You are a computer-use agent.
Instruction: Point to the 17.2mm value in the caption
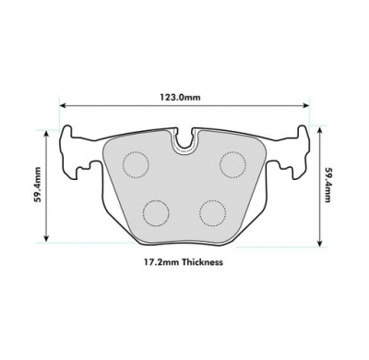coord(160,261)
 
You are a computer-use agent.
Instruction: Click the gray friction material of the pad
coord(184,189)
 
